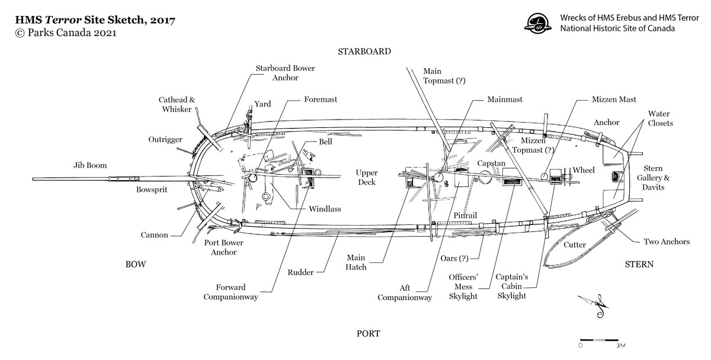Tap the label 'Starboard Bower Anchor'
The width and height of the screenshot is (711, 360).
pyautogui.click(x=285, y=73)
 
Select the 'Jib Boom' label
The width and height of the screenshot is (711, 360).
pyautogui.click(x=90, y=165)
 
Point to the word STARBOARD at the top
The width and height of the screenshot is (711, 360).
pyautogui.click(x=364, y=52)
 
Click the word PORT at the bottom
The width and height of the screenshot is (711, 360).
pyautogui.click(x=367, y=333)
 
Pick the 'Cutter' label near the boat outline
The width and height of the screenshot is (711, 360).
pyautogui.click(x=575, y=245)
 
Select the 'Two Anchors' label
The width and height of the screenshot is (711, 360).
pyautogui.click(x=667, y=242)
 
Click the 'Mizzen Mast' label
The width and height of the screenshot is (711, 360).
pyautogui.click(x=614, y=99)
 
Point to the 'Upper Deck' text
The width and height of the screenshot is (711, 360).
pyautogui.click(x=367, y=178)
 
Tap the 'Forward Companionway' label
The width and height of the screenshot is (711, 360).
pyautogui.click(x=230, y=292)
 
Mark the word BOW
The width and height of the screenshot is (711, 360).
pyautogui.click(x=136, y=263)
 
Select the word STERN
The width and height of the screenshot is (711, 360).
pyautogui.click(x=639, y=264)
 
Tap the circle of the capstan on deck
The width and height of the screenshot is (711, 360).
pyautogui.click(x=485, y=176)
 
